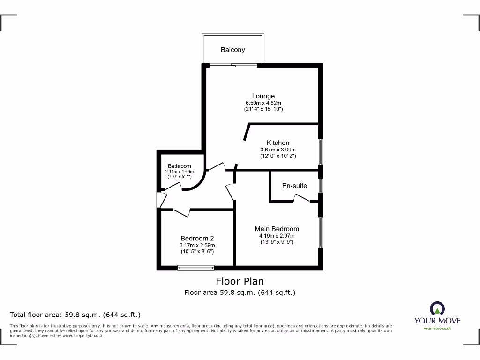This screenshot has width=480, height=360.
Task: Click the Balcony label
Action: click(233, 50)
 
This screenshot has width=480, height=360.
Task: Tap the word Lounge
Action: click(263, 96)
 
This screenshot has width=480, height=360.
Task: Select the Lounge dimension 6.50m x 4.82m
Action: click(263, 103)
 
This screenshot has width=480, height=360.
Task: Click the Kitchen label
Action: click(278, 142)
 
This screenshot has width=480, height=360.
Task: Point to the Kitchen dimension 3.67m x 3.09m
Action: click(278, 149)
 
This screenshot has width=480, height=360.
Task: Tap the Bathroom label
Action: click(180, 166)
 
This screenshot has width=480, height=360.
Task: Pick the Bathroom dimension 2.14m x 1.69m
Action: click(180, 172)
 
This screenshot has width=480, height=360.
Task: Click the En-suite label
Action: click(294, 186)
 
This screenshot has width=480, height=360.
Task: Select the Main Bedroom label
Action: click(277, 229)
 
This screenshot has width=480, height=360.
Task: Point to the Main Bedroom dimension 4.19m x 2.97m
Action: click(277, 236)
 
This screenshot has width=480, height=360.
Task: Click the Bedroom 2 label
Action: click(197, 238)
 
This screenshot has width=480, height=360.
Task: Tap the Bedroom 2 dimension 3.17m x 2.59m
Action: click(197, 245)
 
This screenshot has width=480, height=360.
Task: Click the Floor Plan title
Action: click(240, 281)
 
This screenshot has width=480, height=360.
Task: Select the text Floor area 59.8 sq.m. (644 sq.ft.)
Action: click(240, 292)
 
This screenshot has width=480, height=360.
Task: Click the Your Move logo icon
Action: click(437, 308)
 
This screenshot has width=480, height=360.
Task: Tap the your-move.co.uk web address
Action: click(437, 328)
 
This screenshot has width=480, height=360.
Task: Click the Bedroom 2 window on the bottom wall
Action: click(196, 268)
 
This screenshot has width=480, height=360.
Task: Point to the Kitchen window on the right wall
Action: click(321, 151)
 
